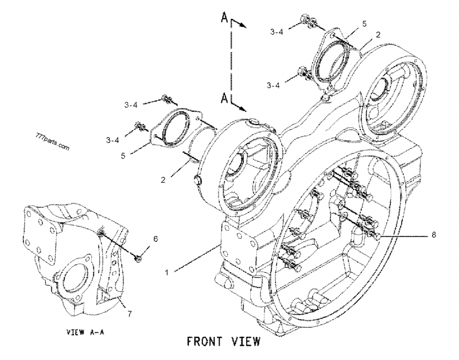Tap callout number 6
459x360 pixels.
[x=154, y=238]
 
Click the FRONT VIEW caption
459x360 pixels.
[x=224, y=341]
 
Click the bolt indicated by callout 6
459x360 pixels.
[x=139, y=258]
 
